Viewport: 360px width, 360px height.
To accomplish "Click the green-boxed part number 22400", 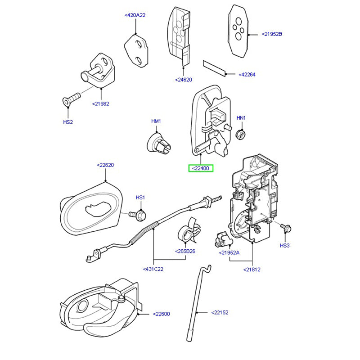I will pyautogui.click(x=201, y=168).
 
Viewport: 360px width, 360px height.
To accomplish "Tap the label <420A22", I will pyautogui.click(x=135, y=15).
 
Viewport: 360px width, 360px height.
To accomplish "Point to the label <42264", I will pyautogui.click(x=247, y=75).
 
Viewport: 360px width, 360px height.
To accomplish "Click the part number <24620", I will pyautogui.click(x=183, y=80).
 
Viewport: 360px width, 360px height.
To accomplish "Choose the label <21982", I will pyautogui.click(x=100, y=103).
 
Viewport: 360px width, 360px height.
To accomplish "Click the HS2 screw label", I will pyautogui.click(x=67, y=121).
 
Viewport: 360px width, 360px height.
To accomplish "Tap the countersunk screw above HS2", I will pyautogui.click(x=71, y=98).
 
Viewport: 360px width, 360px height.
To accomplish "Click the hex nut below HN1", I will pyautogui.click(x=241, y=134).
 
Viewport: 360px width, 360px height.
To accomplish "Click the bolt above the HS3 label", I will pyautogui.click(x=284, y=228).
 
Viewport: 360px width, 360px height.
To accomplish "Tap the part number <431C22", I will pyautogui.click(x=154, y=269).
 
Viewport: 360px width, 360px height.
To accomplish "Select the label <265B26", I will pyautogui.click(x=185, y=251).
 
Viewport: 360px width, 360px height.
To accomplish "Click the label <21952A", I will pyautogui.click(x=229, y=253).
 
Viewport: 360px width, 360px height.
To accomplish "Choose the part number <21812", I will pyautogui.click(x=252, y=270).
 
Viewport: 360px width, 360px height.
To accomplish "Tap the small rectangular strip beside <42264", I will pyautogui.click(x=215, y=67).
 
